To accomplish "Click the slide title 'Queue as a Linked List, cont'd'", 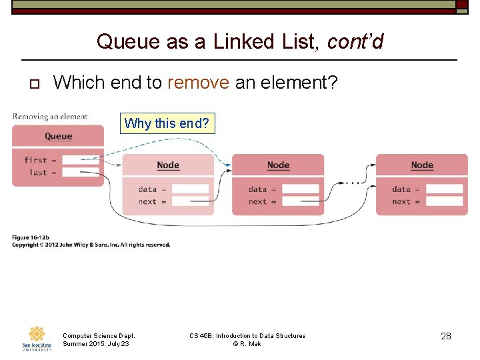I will pyautogui.click(x=240, y=41).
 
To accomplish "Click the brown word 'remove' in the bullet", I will pyautogui.click(x=198, y=83).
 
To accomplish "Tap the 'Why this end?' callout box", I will pyautogui.click(x=167, y=123).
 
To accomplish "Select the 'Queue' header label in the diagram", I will pyautogui.click(x=58, y=136).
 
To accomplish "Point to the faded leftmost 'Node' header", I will pyautogui.click(x=168, y=165).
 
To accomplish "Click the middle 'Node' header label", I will pyautogui.click(x=278, y=165).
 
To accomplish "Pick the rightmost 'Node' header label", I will pyautogui.click(x=422, y=165).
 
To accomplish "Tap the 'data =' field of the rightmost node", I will pyautogui.click(x=444, y=189).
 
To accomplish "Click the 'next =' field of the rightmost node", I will pyautogui.click(x=444, y=201).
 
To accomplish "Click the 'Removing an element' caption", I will pyautogui.click(x=50, y=117).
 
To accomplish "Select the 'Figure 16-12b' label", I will pyautogui.click(x=31, y=238).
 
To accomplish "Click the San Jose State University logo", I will pyautogui.click(x=37, y=339).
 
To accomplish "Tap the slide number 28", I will pyautogui.click(x=446, y=336).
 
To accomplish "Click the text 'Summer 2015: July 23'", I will pyautogui.click(x=95, y=344).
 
